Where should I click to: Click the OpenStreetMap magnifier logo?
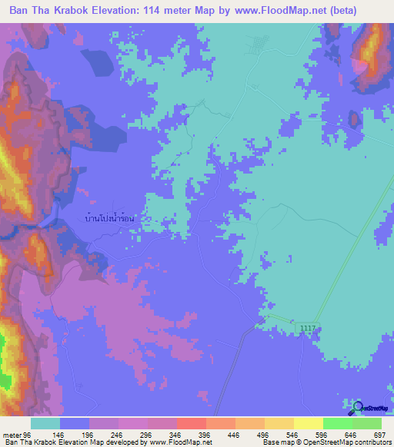(x=356, y=406)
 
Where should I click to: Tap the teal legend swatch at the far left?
(x=45, y=423)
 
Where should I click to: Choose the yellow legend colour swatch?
(x=308, y=423)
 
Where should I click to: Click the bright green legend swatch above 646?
(x=337, y=423)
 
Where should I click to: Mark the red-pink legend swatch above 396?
(x=191, y=423)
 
